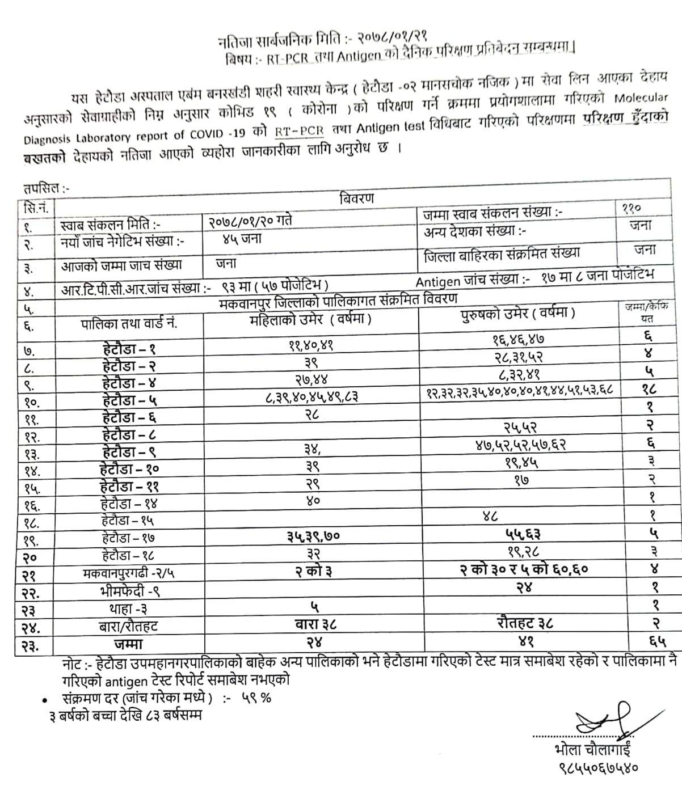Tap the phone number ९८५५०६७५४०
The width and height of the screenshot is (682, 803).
597,767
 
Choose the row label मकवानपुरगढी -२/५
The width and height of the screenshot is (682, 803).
129,573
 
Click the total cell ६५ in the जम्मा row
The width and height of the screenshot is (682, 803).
657,641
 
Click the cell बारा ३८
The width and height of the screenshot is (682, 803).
315,624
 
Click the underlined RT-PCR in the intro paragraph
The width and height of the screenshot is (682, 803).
300,130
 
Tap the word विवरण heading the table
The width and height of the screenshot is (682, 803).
356,198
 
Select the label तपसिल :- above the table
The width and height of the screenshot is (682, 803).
46,189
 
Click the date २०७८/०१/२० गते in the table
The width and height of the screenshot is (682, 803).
250,220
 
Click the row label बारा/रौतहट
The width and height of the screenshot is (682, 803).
128,626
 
